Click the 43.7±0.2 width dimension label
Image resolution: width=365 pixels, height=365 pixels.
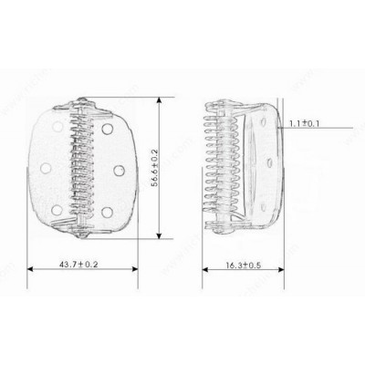point(78,265)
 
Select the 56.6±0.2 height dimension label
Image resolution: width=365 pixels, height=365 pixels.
point(154,168)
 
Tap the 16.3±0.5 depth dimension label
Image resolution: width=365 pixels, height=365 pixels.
point(244,266)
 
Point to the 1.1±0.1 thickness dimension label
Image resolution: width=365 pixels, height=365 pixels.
point(304,124)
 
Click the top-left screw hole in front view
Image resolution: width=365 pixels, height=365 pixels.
point(57,126)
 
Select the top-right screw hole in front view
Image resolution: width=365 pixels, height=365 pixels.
point(108,129)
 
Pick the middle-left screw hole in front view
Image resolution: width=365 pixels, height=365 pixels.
point(46,168)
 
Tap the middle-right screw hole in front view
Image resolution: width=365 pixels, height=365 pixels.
point(120,171)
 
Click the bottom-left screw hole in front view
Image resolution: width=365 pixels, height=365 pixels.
point(57,210)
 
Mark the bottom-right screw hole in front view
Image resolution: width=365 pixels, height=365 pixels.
point(107,213)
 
